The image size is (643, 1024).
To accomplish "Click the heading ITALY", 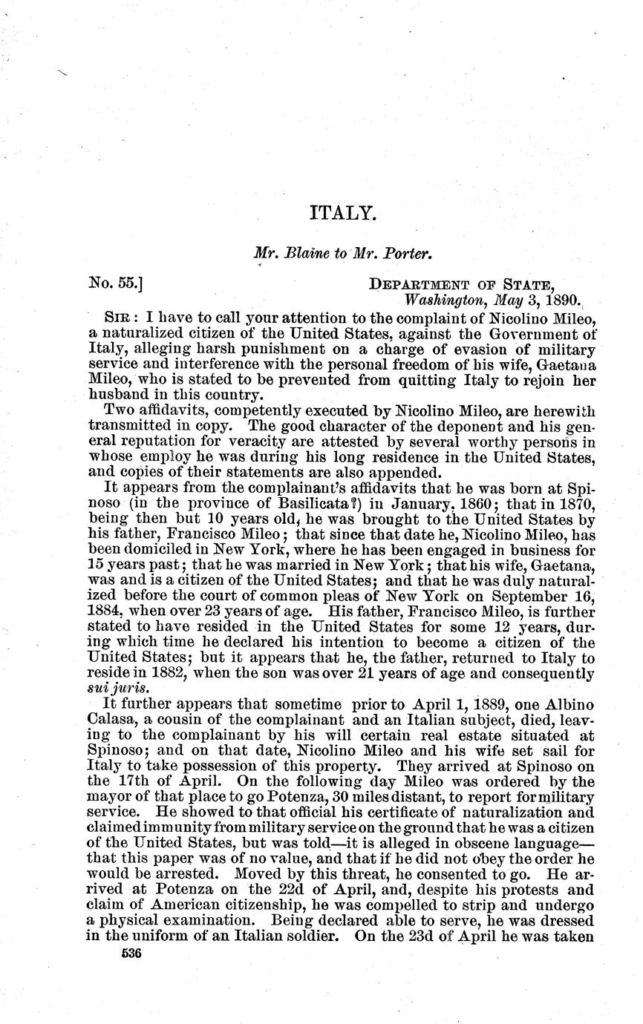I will (344, 214).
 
